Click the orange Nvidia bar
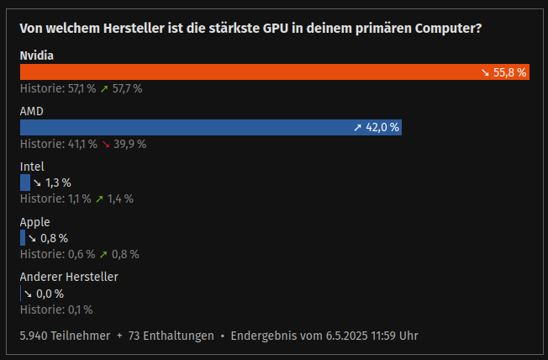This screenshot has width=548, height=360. [252, 72]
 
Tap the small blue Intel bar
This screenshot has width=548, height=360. [24, 182]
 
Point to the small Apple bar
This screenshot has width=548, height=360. [23, 237]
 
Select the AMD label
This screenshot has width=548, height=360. [31, 111]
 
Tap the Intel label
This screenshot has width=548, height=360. [32, 167]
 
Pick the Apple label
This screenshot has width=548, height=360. [34, 222]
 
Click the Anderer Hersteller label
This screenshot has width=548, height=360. [69, 277]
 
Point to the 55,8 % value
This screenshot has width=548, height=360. [509, 72]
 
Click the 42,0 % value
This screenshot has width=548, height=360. [382, 127]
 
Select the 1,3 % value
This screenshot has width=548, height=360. [57, 183]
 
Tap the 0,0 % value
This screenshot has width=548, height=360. [50, 294]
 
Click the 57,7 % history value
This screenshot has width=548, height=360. [128, 88]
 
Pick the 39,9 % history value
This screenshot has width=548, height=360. [130, 144]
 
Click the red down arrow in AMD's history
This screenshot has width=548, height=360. [105, 144]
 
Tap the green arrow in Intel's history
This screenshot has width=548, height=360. [99, 199]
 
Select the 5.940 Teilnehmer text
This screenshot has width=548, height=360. [65, 336]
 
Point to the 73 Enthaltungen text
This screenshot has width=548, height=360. [171, 336]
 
